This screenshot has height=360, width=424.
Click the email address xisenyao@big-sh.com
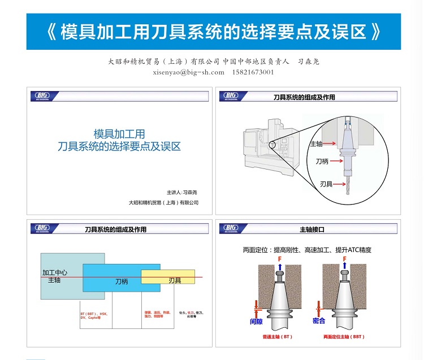click(188, 72)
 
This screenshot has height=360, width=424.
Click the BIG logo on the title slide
click(42, 96)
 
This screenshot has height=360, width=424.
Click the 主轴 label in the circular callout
click(316, 144)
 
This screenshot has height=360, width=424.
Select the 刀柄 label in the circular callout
click(322, 162)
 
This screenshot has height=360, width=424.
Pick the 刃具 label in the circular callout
click(326, 184)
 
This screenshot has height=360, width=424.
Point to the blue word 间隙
click(256, 321)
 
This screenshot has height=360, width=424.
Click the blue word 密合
click(319, 321)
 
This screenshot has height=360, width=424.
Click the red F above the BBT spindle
click(344, 259)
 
